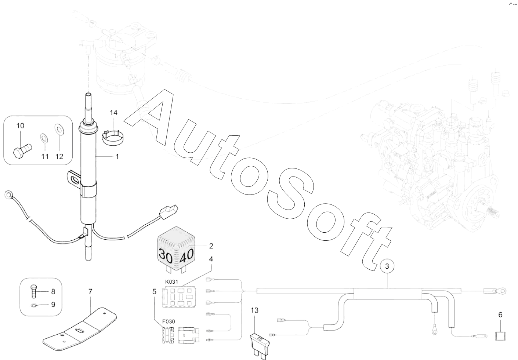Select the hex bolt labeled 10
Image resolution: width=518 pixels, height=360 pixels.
tap(22, 150)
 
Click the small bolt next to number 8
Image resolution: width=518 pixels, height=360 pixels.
tap(33, 292)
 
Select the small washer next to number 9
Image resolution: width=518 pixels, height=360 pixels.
tap(34, 305)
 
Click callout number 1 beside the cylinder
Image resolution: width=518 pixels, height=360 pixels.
tap(117, 157)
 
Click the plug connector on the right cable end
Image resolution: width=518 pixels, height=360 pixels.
tap(169, 211)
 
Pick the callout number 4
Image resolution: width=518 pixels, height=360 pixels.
tap(211, 259)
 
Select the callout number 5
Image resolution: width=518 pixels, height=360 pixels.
tap(154, 292)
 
